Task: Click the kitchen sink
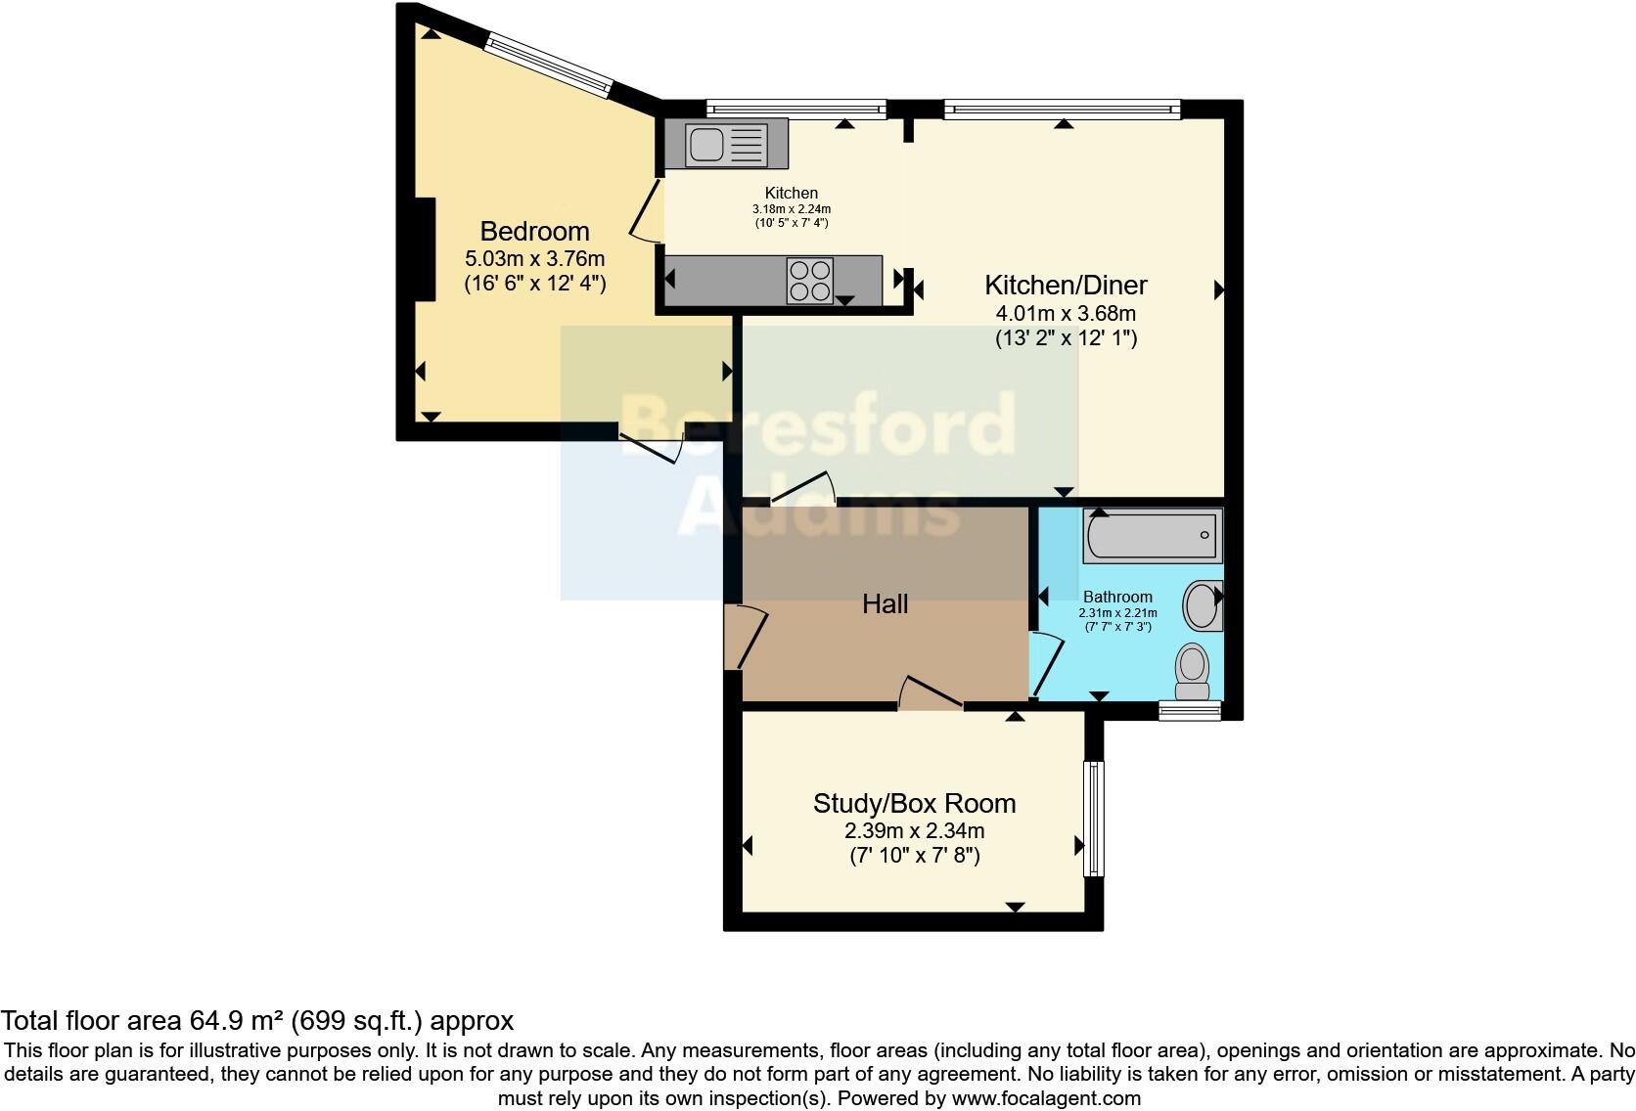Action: coord(726,144)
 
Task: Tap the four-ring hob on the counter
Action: coord(810,280)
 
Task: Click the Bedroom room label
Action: coord(534,232)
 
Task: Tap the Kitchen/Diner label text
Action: coord(1065,286)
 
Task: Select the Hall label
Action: coord(885,604)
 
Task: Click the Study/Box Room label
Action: coord(914,804)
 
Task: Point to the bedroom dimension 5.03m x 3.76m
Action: coord(534,259)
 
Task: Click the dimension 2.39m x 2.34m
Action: coord(914,831)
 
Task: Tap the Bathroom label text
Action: coord(1116,597)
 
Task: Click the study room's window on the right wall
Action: coord(1093,819)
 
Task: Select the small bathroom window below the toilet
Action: coord(1190,711)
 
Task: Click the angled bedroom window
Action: coord(550,66)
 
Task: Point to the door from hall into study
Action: coord(930,693)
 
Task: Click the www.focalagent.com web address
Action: coord(1045,1098)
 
